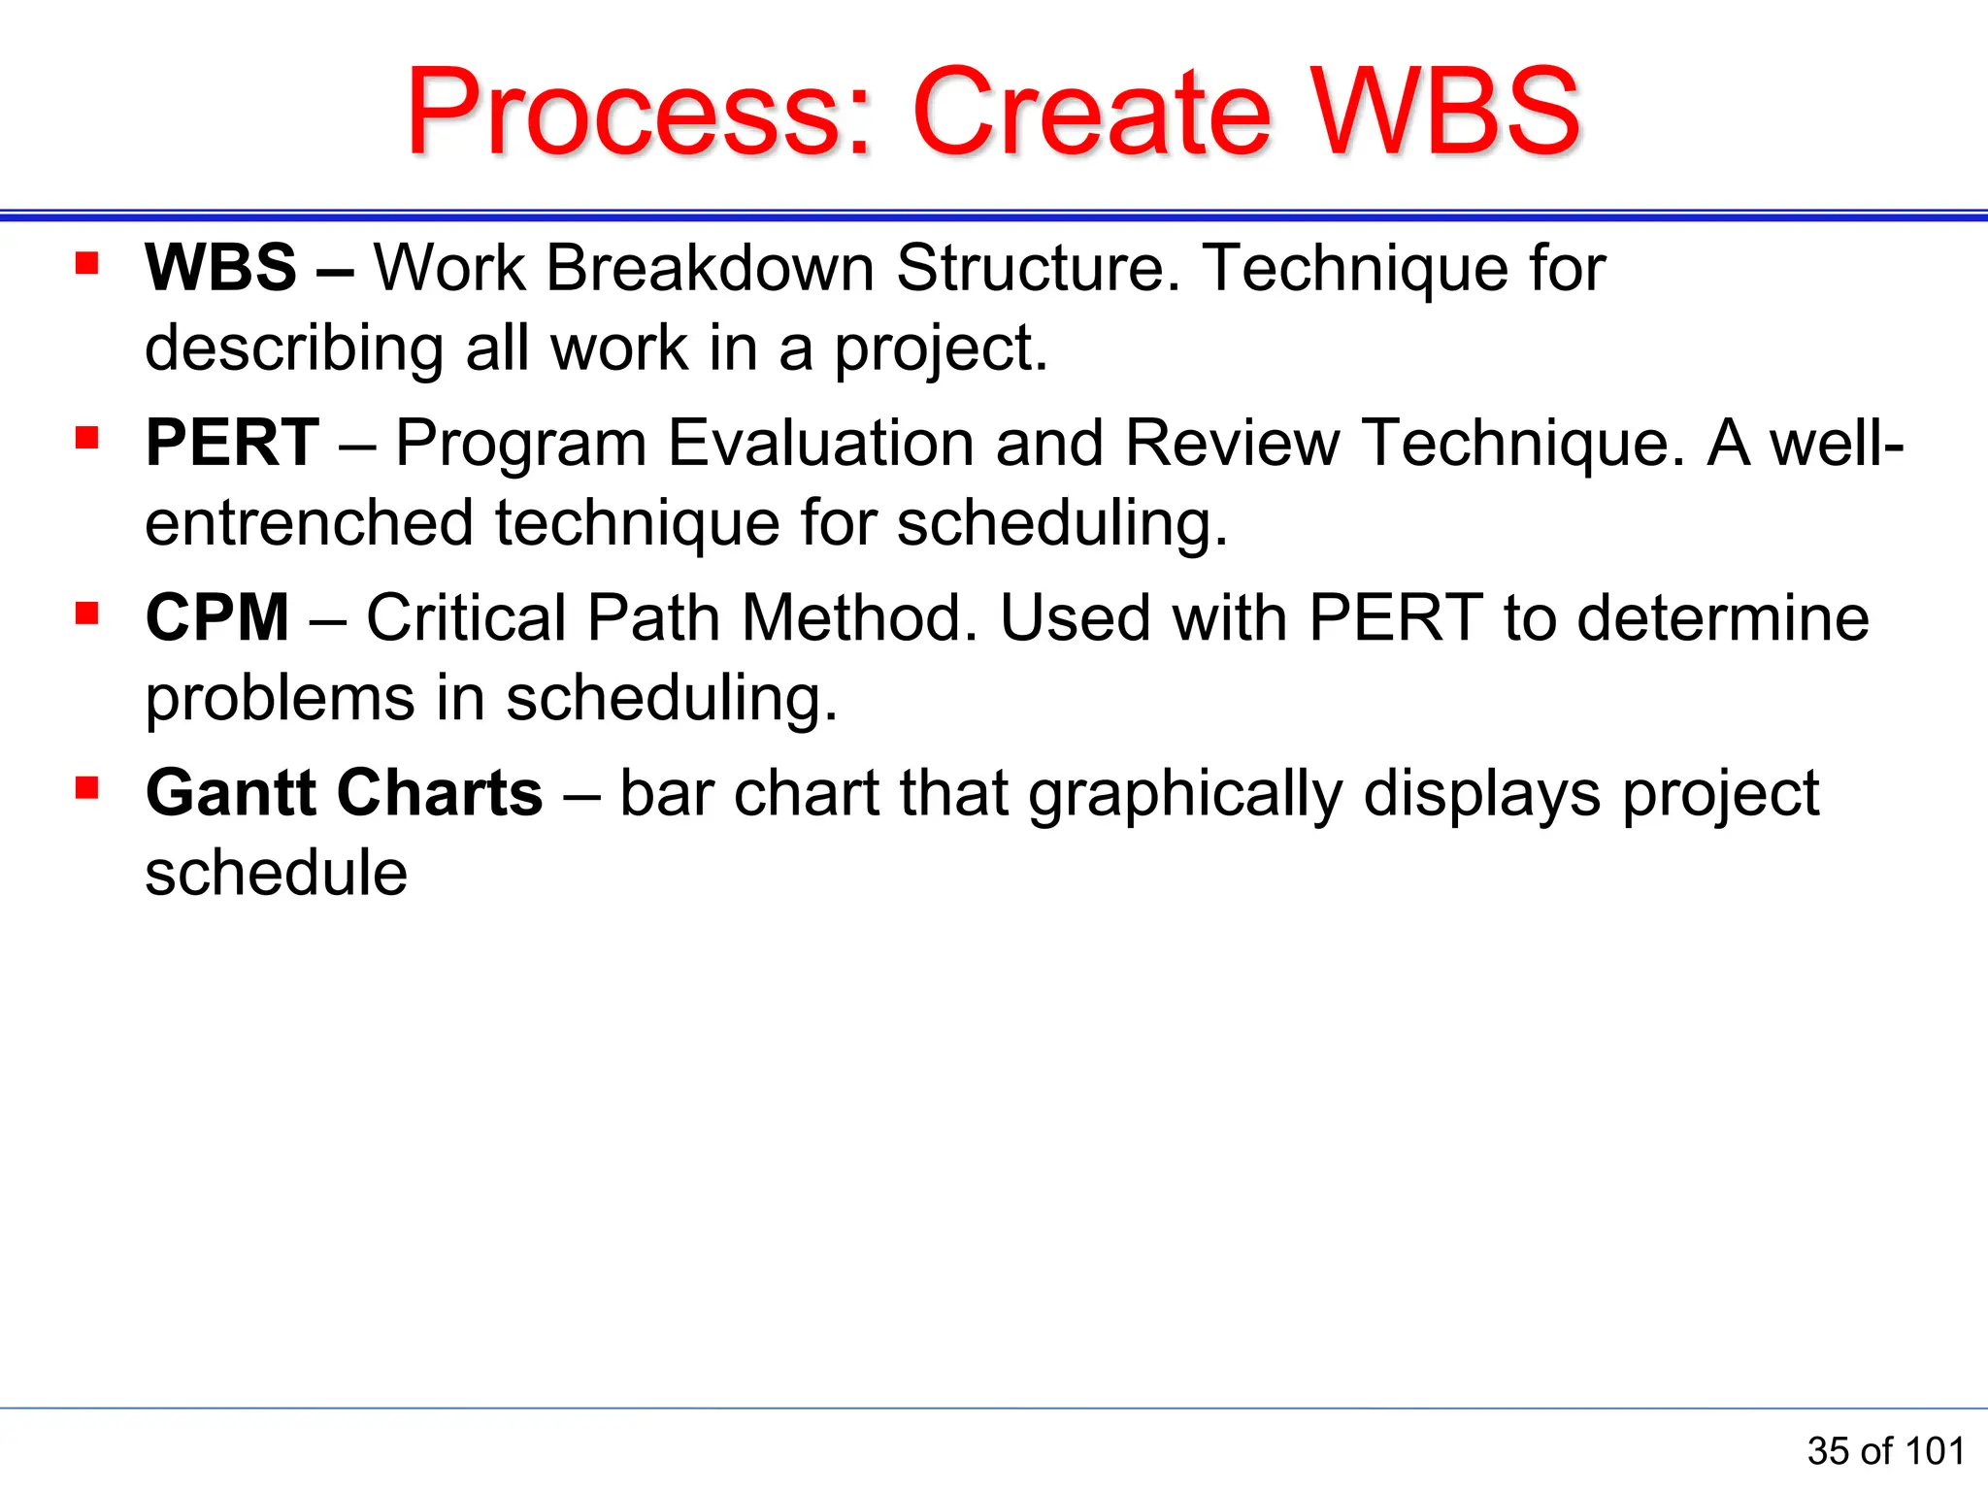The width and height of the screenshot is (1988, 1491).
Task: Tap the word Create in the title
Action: [1091, 112]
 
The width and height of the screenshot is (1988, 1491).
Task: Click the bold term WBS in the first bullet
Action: [220, 267]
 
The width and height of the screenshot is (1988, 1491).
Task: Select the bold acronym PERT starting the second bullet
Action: [232, 443]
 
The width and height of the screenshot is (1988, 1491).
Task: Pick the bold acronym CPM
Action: [217, 617]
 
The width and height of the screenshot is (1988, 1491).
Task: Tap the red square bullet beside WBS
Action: [87, 263]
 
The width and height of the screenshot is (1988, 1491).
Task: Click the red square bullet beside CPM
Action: [87, 613]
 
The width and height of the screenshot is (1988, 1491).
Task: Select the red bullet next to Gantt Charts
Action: [87, 788]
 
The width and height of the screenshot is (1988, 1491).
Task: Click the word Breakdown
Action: [710, 267]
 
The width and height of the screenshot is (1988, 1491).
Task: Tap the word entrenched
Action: [309, 522]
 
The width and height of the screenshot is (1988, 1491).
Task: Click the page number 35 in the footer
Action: [1828, 1451]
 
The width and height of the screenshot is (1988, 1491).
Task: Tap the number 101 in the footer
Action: [1935, 1451]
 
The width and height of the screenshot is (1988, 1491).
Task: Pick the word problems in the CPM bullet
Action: [280, 698]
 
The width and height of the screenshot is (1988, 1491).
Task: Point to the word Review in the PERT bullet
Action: [1232, 443]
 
